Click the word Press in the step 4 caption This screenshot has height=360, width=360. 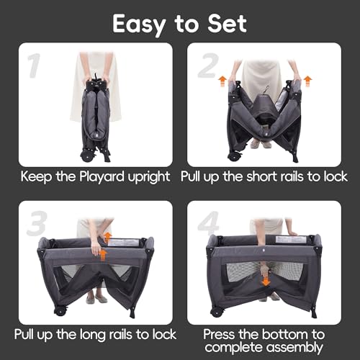pos(221,335)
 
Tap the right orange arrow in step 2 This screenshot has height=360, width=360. pos(307,79)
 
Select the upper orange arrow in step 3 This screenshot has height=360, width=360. pos(108,237)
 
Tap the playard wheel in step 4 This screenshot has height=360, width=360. pos(214,312)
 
